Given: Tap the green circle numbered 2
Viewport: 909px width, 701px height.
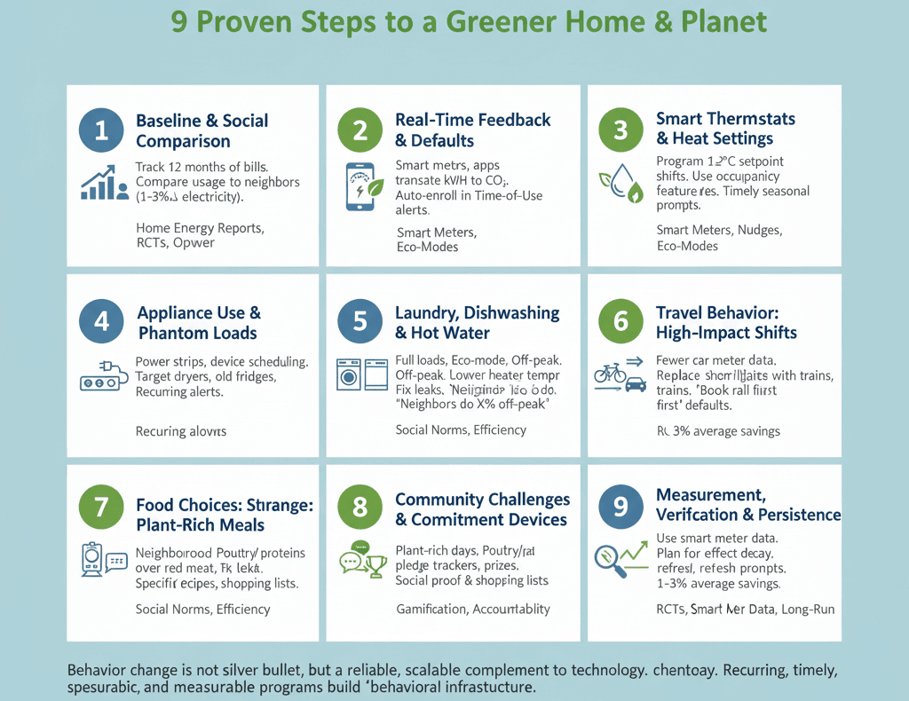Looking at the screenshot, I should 360,130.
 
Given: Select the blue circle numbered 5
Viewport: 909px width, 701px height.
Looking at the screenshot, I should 360,321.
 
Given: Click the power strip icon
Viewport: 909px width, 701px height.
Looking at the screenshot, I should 101,376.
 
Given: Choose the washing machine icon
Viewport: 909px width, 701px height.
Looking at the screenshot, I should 350,374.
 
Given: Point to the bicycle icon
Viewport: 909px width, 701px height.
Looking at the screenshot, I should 611,373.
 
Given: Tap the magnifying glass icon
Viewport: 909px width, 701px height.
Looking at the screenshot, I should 609,561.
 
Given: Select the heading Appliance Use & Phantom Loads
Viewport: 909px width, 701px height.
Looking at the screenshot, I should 199,323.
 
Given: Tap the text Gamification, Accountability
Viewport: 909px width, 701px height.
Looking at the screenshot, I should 472,609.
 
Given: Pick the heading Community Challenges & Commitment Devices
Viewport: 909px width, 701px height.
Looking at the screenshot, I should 482,509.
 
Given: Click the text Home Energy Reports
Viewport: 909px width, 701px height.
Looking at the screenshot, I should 199,228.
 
